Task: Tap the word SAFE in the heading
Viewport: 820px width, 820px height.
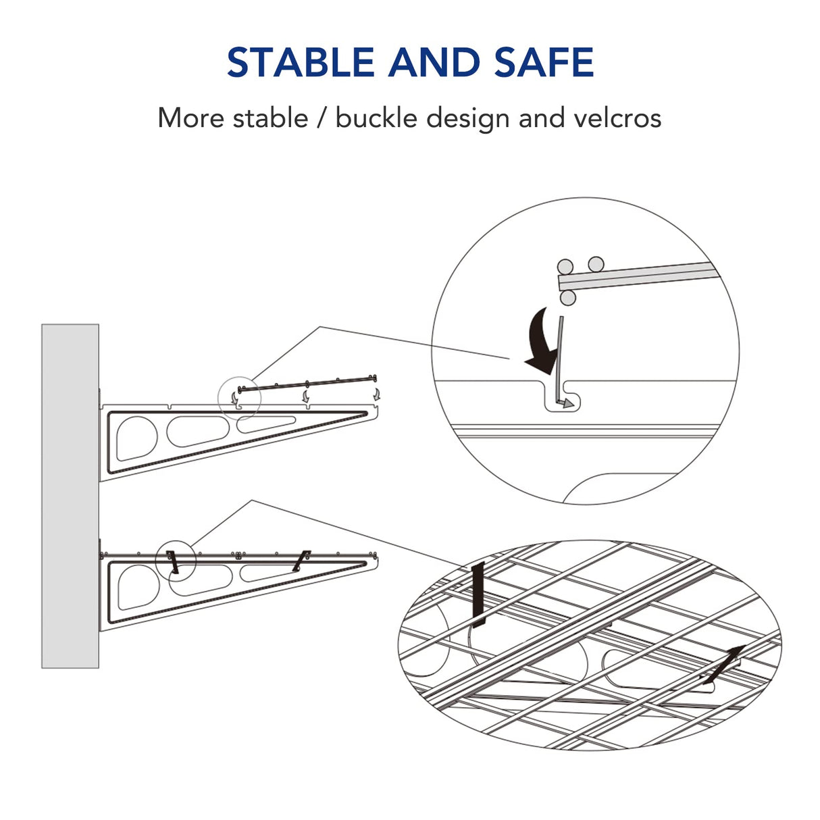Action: (544, 62)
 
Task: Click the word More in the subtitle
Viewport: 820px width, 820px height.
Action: (190, 118)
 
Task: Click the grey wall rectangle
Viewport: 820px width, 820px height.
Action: (70, 496)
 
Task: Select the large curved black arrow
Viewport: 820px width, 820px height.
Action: (544, 342)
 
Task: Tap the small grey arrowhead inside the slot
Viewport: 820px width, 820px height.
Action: (569, 403)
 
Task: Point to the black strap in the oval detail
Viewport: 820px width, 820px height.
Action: (479, 594)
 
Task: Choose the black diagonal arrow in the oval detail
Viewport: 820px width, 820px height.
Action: (723, 665)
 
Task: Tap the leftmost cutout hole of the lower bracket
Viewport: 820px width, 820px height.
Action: (137, 586)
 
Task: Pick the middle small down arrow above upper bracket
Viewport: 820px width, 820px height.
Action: (306, 395)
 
